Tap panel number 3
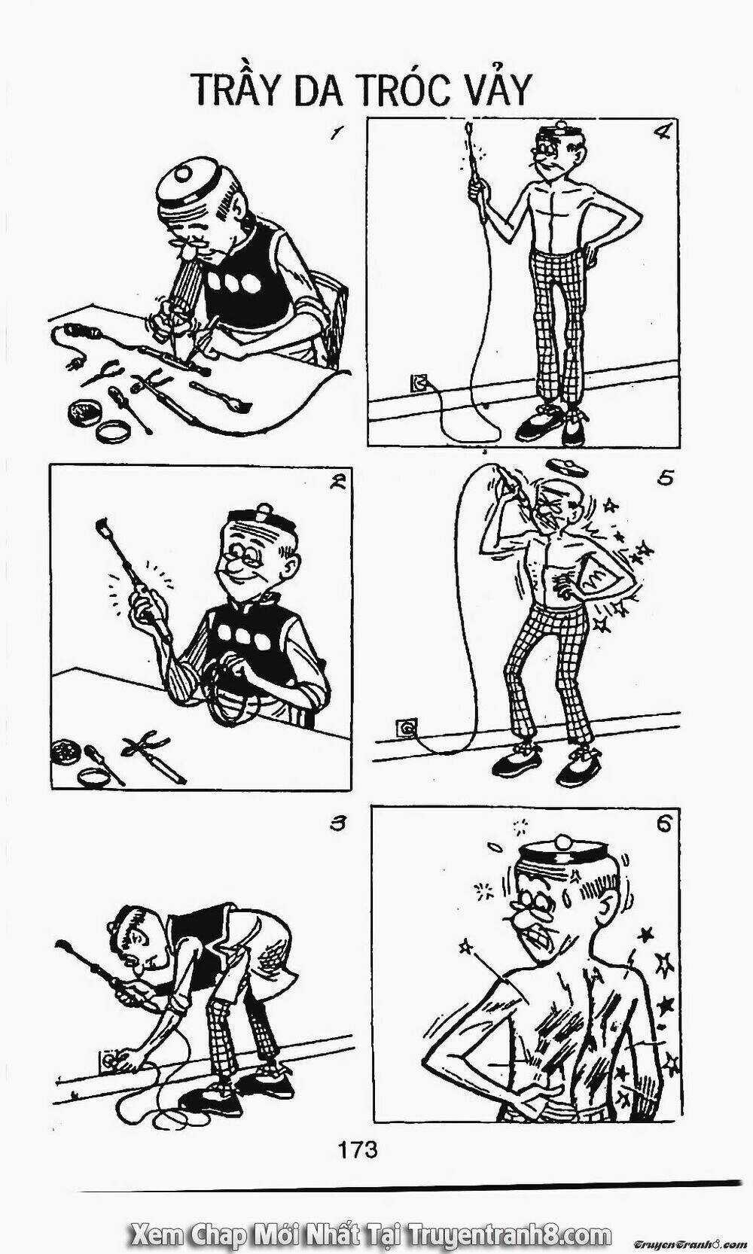tap(336, 824)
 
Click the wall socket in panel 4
tap(418, 383)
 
